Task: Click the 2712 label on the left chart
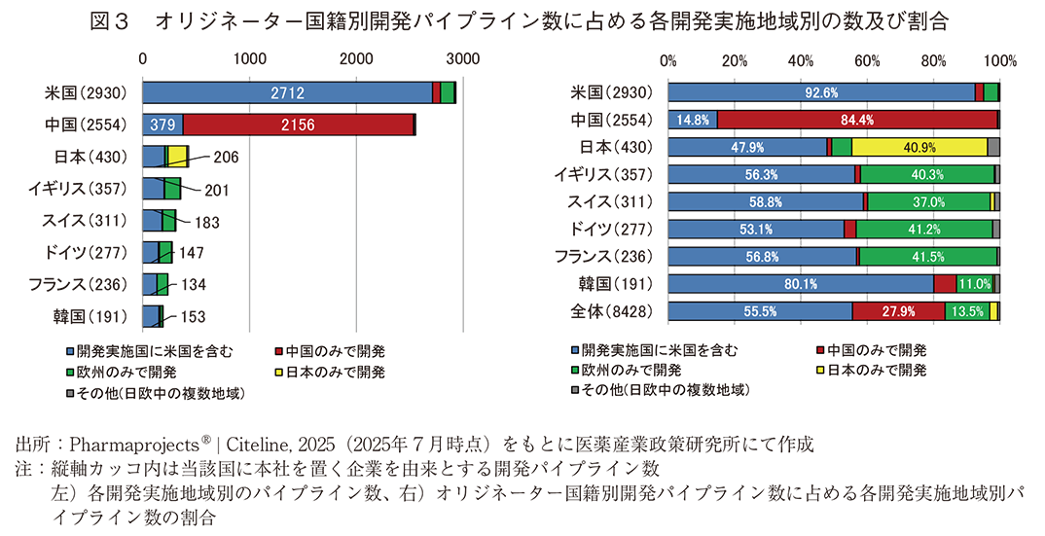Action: coord(288,93)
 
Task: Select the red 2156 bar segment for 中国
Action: coord(298,125)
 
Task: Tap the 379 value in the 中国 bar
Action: coord(162,125)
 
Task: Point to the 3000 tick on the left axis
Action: coord(463,59)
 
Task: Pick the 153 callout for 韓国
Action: coord(193,317)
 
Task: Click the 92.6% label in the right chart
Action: coord(821,93)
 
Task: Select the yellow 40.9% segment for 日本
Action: coord(919,147)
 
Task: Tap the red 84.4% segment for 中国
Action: coord(856,120)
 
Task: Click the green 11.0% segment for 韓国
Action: coord(975,284)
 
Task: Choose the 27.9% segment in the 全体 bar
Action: coord(898,311)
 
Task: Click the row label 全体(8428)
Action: coord(611,311)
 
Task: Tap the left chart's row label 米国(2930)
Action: coord(83,93)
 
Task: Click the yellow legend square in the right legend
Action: coord(822,371)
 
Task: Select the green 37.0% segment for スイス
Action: coord(927,202)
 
